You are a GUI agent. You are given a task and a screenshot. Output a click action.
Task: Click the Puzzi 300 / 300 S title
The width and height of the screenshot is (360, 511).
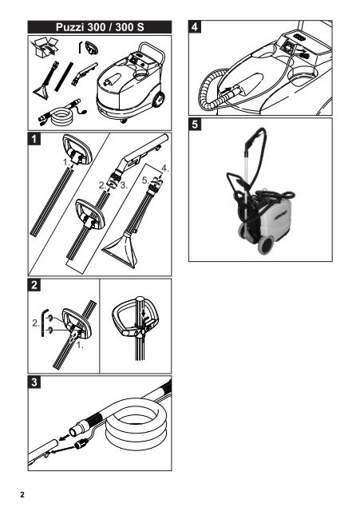100,26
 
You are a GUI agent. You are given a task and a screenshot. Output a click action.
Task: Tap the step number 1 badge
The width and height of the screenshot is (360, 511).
34,139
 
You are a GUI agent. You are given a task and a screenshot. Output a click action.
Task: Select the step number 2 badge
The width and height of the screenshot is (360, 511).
34,285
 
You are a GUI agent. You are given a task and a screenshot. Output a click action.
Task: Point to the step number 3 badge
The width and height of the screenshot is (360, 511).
34,382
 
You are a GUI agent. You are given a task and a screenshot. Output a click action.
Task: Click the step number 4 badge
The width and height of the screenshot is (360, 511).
195,26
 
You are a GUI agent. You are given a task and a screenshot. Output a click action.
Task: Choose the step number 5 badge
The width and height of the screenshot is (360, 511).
195,125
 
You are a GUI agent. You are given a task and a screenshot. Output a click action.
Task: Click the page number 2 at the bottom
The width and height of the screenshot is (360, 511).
22,495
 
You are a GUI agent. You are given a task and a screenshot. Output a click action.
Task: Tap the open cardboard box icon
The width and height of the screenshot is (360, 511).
44,47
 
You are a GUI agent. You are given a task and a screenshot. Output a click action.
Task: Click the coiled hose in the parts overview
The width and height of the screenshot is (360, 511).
62,116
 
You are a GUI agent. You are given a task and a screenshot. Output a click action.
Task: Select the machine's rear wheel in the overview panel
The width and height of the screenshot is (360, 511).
158,100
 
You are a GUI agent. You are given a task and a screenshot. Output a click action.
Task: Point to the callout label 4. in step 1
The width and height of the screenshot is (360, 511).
165,168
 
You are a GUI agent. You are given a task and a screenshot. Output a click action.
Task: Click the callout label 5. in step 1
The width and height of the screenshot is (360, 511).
145,180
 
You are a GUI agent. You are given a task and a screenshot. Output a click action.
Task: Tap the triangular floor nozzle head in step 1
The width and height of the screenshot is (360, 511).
121,248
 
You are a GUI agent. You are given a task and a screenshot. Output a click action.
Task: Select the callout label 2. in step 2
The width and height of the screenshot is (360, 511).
35,323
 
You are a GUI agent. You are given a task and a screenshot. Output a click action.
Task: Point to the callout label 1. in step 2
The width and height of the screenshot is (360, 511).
80,346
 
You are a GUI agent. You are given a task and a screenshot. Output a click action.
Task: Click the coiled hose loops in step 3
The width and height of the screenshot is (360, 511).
136,424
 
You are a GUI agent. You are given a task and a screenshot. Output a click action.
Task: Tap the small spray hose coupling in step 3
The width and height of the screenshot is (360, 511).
81,444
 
